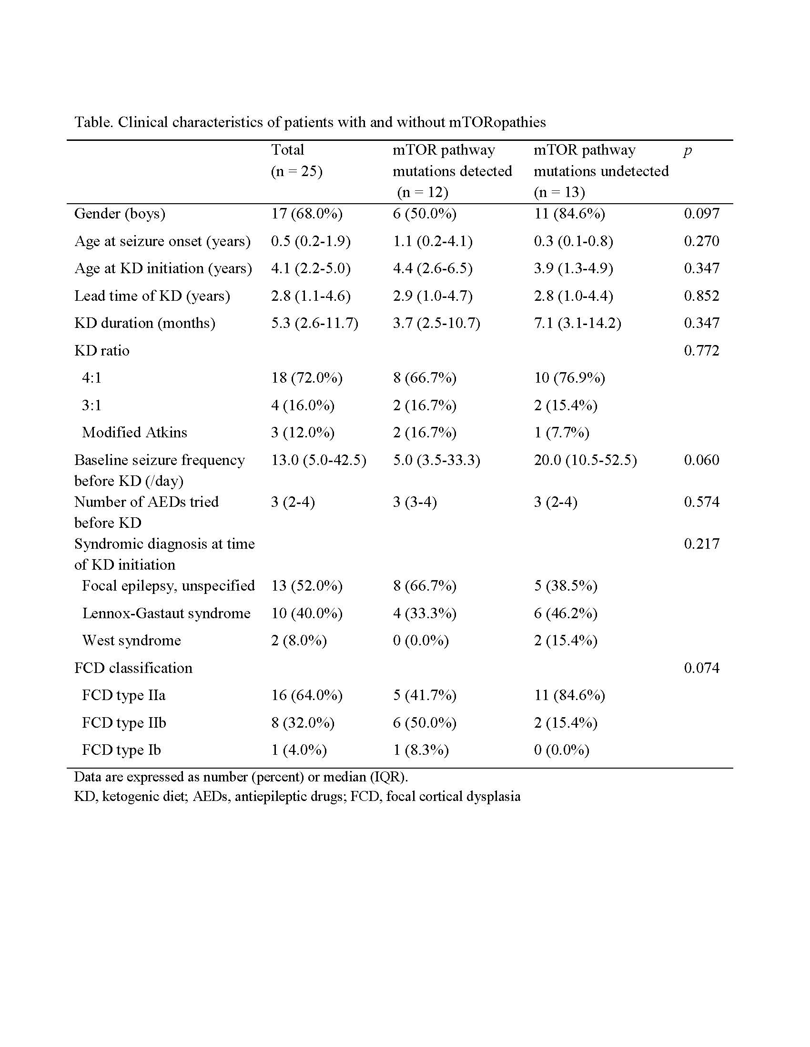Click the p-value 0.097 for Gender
tap(701, 213)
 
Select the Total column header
tap(288, 150)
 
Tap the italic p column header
tap(688, 151)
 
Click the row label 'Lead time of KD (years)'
tap(152, 296)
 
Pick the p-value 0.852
tap(701, 296)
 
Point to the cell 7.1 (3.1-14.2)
tap(577, 323)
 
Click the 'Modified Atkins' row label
tap(134, 433)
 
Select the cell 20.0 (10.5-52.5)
tap(585, 460)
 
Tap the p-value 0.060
tap(701, 460)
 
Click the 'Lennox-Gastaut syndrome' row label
tap(166, 613)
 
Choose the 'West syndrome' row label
tap(132, 641)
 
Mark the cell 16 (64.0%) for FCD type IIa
tap(307, 695)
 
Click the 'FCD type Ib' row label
tap(121, 750)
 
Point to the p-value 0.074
tap(701, 668)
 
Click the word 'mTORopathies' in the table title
tap(497, 123)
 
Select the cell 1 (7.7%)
tap(561, 433)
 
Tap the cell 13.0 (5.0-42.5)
tap(318, 460)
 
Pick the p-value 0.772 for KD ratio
tap(701, 350)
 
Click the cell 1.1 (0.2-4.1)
tap(432, 241)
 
